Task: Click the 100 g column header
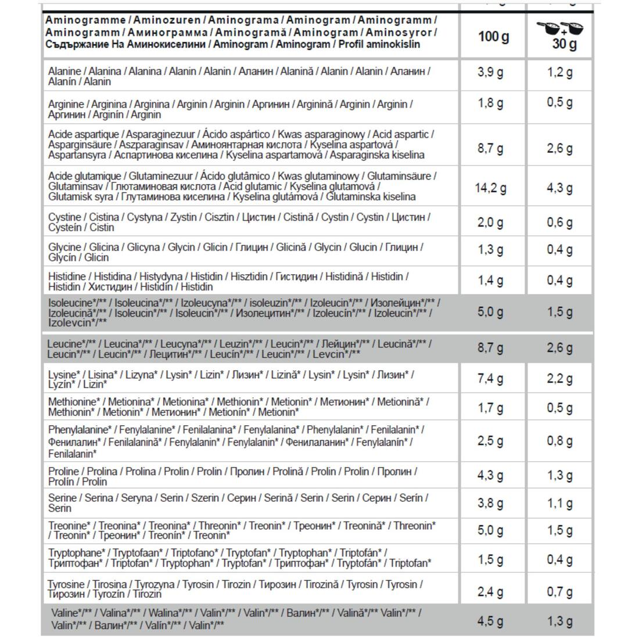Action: [x=493, y=37]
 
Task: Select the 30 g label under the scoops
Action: [x=564, y=45]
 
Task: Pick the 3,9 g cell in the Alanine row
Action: [x=490, y=73]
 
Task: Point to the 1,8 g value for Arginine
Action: [x=490, y=103]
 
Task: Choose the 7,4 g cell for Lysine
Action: [x=490, y=379]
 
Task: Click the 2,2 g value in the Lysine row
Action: [x=559, y=379]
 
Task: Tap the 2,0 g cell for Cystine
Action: [x=490, y=222]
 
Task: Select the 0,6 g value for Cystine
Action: [x=559, y=222]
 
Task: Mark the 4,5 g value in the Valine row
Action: [x=490, y=621]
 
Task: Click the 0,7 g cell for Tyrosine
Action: [x=559, y=592]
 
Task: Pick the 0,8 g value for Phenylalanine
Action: [x=559, y=441]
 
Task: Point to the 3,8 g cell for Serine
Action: [x=490, y=503]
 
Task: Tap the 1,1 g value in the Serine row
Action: [x=559, y=503]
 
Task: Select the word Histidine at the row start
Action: [x=67, y=277]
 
